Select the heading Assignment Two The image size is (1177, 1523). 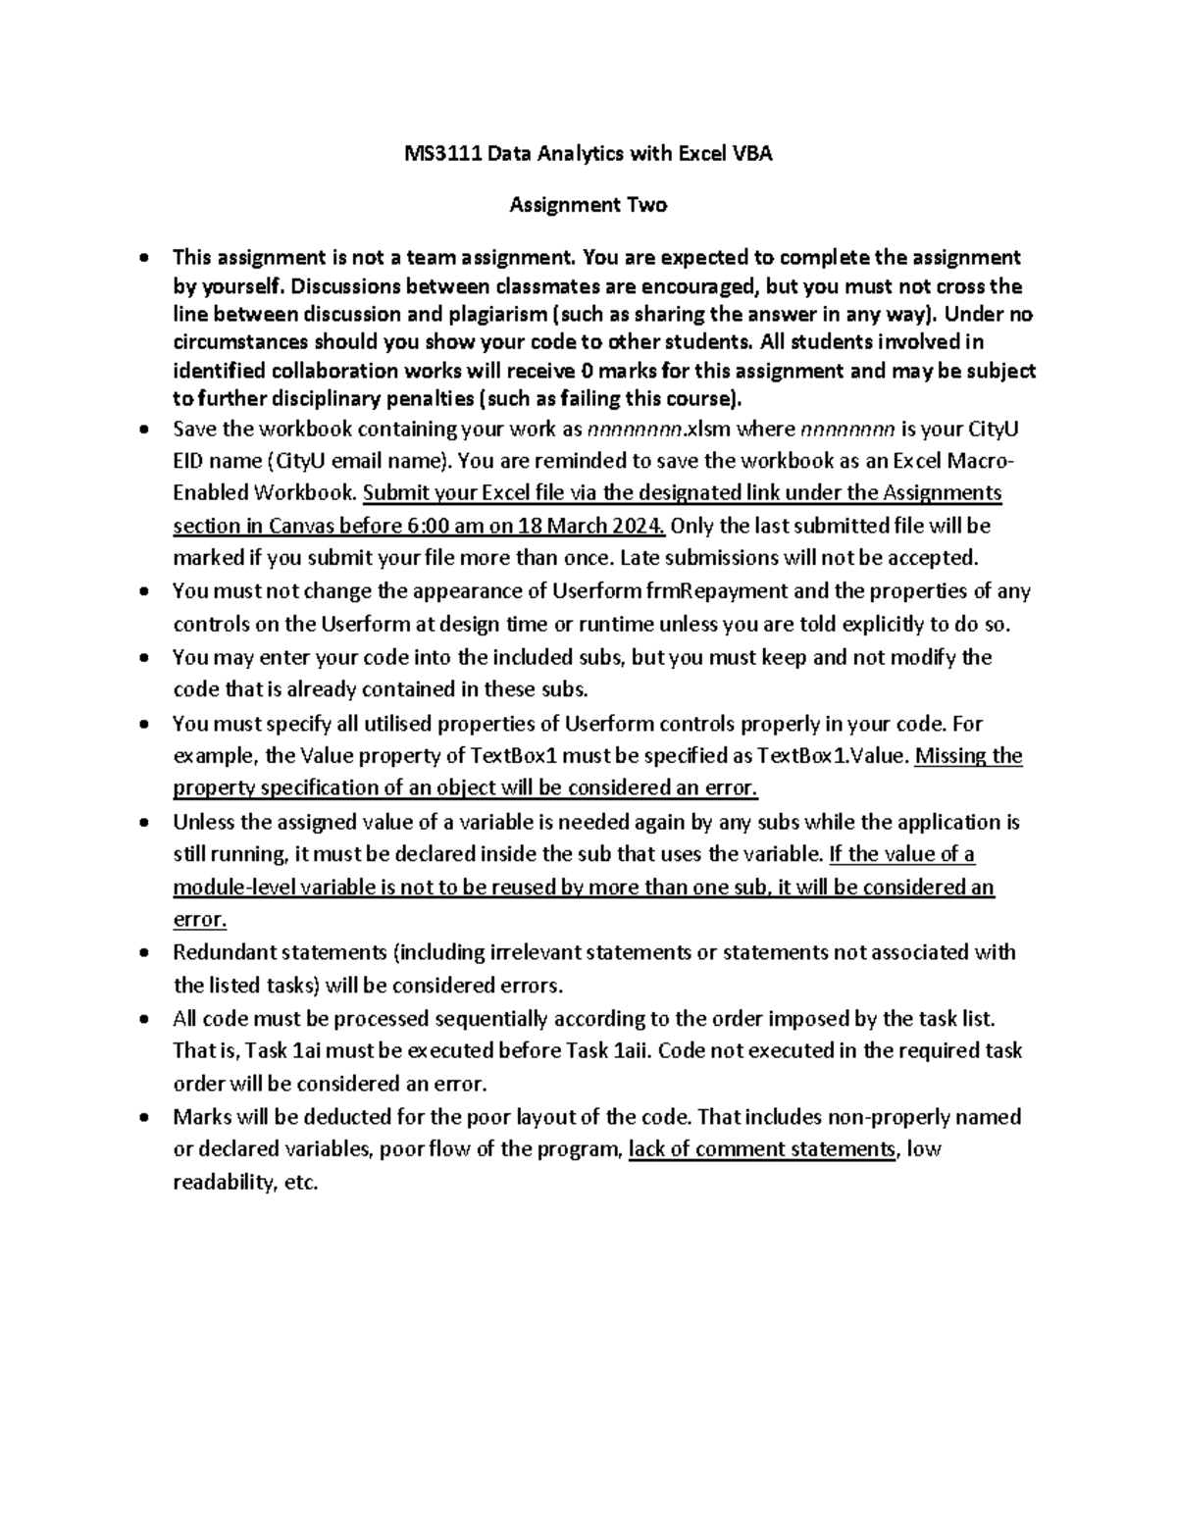(588, 205)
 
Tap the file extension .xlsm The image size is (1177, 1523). (707, 429)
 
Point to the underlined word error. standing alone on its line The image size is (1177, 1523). (199, 920)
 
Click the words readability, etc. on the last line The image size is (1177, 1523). (245, 1183)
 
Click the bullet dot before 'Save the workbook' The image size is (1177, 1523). (144, 430)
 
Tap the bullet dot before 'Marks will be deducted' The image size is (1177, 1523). (144, 1117)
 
